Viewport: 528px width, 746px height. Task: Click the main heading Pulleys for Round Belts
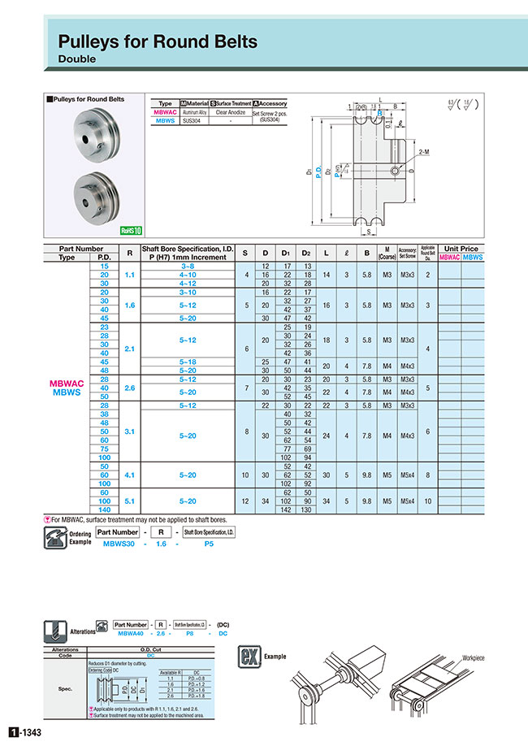coord(158,41)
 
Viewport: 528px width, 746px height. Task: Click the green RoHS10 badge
coord(131,230)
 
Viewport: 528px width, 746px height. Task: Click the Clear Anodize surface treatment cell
coord(231,112)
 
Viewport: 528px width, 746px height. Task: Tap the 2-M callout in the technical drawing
coord(425,152)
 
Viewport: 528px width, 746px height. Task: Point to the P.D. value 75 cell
coord(103,448)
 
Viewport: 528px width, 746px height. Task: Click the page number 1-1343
coord(25,733)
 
